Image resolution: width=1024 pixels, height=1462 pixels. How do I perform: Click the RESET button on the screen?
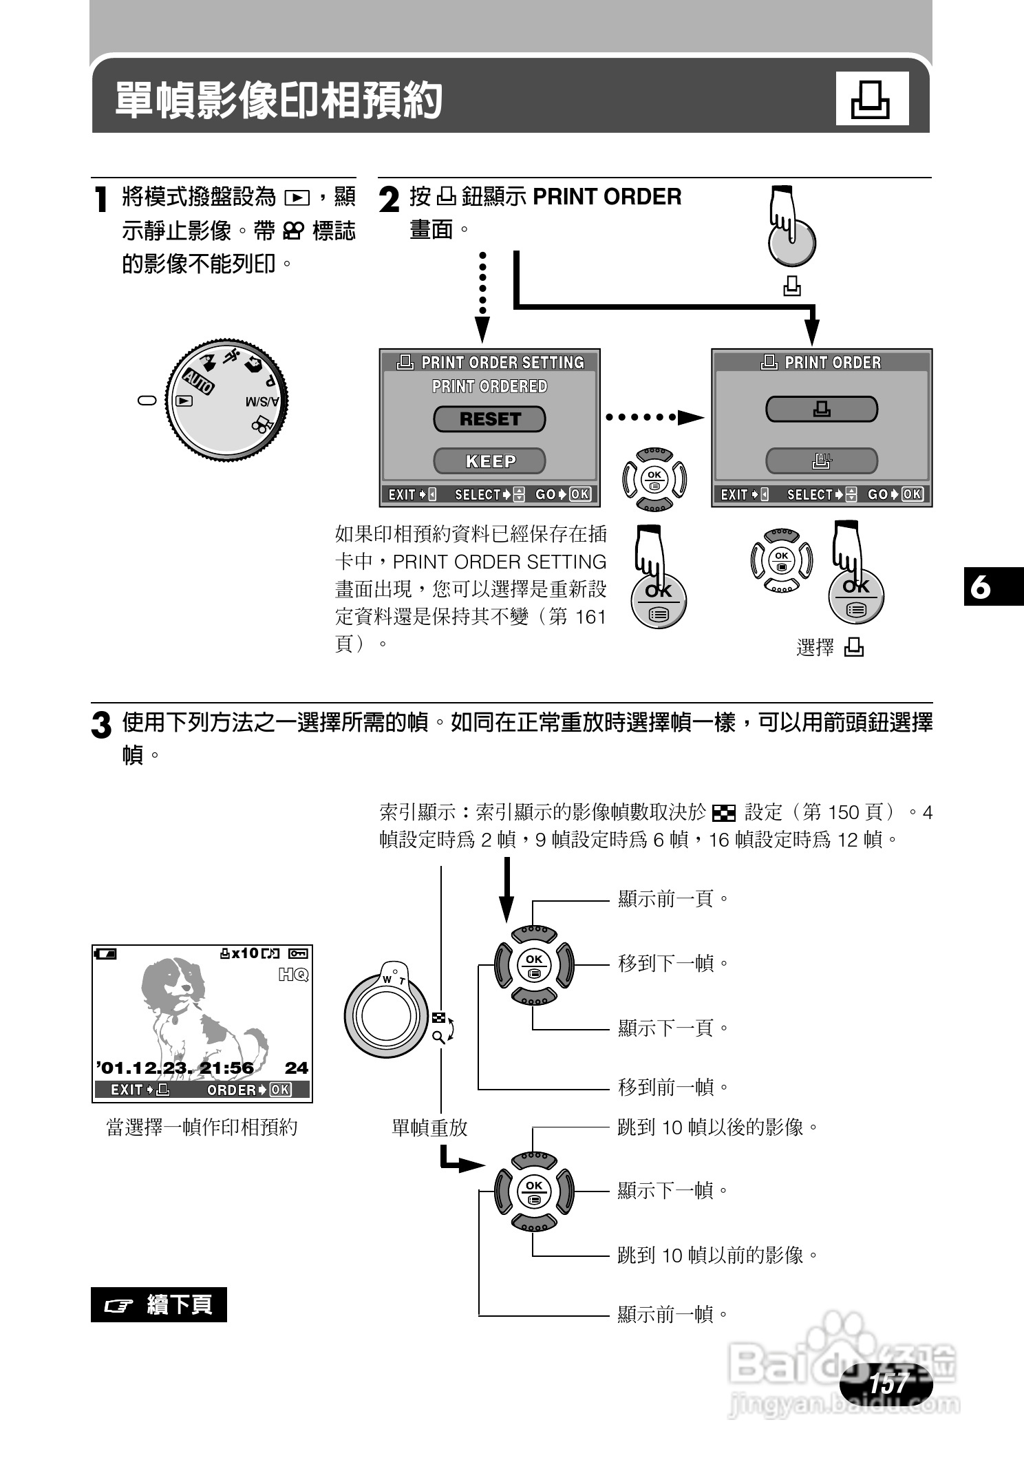[489, 419]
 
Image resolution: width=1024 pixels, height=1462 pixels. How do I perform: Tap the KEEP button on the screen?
[489, 460]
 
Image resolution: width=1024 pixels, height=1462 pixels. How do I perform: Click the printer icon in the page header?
[871, 99]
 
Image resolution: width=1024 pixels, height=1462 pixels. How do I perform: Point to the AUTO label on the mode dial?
[198, 379]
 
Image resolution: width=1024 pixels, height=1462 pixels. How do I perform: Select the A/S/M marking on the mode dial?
[262, 402]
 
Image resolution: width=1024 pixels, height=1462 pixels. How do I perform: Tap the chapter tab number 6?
[980, 587]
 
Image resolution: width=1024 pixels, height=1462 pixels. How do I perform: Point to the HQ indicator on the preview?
[294, 975]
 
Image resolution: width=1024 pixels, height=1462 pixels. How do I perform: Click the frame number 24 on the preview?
[297, 1068]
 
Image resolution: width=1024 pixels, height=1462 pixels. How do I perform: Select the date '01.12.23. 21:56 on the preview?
[175, 1068]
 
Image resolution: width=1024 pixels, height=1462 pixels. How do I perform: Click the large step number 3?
[101, 725]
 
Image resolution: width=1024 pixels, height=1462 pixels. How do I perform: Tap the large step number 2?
[390, 200]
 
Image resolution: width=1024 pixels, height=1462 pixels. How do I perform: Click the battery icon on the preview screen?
[107, 953]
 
